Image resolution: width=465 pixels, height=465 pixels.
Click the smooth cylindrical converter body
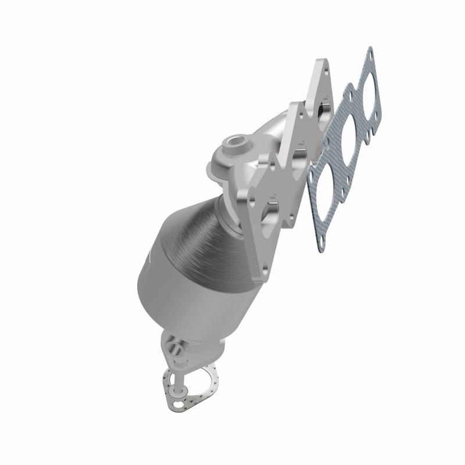(169, 291)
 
